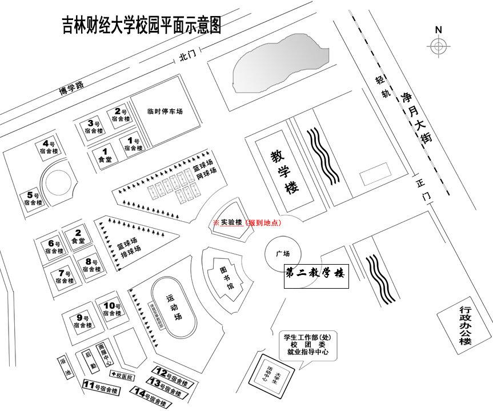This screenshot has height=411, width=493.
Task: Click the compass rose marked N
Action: click(438, 46)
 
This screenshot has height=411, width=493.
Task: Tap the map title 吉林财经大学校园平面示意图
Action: click(141, 26)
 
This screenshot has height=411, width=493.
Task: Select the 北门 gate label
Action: click(187, 56)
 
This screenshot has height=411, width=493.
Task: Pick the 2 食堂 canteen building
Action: click(77, 237)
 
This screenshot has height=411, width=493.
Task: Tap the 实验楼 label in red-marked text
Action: click(231, 222)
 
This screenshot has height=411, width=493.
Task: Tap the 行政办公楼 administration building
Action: click(465, 325)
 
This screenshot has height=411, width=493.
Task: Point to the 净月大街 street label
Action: click(414, 117)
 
